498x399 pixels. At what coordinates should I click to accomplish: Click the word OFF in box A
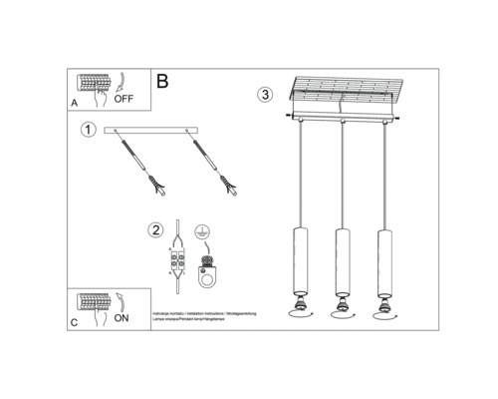124,100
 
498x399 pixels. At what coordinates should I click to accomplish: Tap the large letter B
163,79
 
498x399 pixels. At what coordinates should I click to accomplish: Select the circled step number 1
88,131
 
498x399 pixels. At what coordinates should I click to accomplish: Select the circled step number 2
156,230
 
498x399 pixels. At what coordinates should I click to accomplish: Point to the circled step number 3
263,96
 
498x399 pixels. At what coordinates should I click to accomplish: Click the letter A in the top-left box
74,104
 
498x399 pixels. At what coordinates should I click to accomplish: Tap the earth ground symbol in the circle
203,231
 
